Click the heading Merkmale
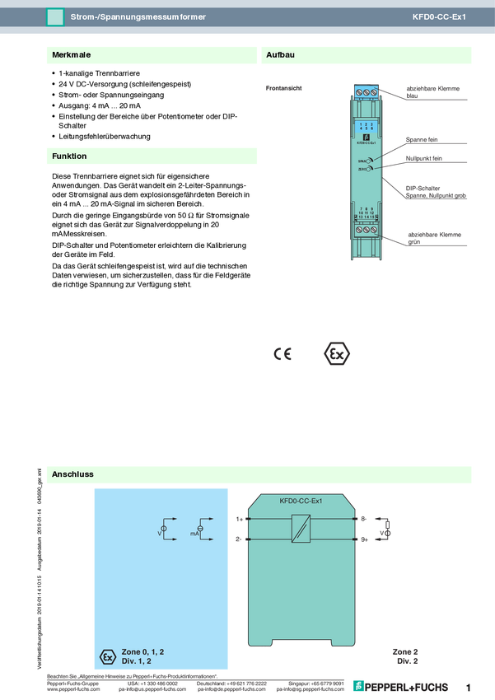click(71, 55)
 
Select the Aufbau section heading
click(280, 55)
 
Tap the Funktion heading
click(69, 156)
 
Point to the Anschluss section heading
click(72, 475)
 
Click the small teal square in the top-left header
click(55, 16)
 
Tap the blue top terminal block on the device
click(367, 92)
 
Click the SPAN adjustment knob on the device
click(370, 161)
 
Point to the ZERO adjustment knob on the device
click(370, 170)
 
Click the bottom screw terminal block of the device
click(367, 233)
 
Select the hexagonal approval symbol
click(334, 353)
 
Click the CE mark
click(283, 354)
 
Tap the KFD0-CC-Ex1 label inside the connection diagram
click(301, 501)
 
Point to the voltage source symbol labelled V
click(165, 528)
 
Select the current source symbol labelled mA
click(200, 528)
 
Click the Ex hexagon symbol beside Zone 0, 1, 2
click(105, 656)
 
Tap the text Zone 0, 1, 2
click(142, 651)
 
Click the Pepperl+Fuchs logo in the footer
click(401, 685)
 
